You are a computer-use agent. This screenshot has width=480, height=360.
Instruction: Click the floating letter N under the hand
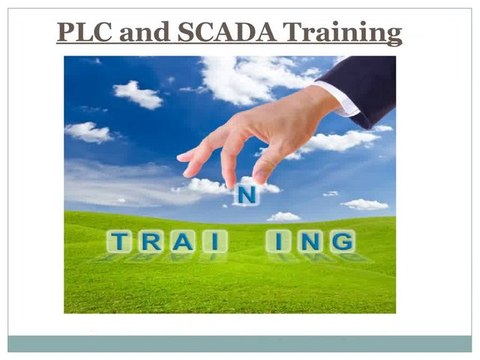pyautogui.click(x=244, y=195)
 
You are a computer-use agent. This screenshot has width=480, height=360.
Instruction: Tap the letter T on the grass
pyautogui.click(x=122, y=241)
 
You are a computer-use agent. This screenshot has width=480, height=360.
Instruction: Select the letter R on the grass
pyautogui.click(x=152, y=241)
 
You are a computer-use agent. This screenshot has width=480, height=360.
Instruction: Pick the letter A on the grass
pyautogui.click(x=181, y=241)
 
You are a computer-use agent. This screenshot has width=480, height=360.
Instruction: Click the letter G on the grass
pyautogui.click(x=340, y=241)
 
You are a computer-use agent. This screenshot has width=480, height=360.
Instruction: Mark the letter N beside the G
pyautogui.click(x=309, y=241)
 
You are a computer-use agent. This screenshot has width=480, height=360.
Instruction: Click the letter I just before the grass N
pyautogui.click(x=281, y=241)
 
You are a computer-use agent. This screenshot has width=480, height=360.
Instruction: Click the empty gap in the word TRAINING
pyautogui.click(x=245, y=241)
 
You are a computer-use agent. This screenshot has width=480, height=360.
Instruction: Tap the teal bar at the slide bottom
pyautogui.click(x=240, y=343)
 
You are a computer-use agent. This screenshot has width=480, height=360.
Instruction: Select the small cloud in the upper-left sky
pyautogui.click(x=138, y=94)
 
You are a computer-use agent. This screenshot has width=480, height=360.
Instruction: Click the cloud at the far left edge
pyautogui.click(x=88, y=131)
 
